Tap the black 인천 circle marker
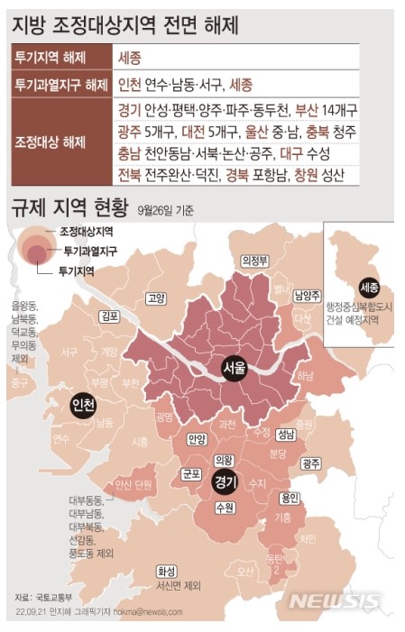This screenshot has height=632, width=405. (x=83, y=405)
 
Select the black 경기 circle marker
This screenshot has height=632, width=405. (x=226, y=482)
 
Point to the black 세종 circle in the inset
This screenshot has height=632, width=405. (x=368, y=288)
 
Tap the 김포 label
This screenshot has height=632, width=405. (x=111, y=316)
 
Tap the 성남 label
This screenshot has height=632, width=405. (x=286, y=433)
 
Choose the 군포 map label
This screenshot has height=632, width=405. (x=190, y=472)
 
